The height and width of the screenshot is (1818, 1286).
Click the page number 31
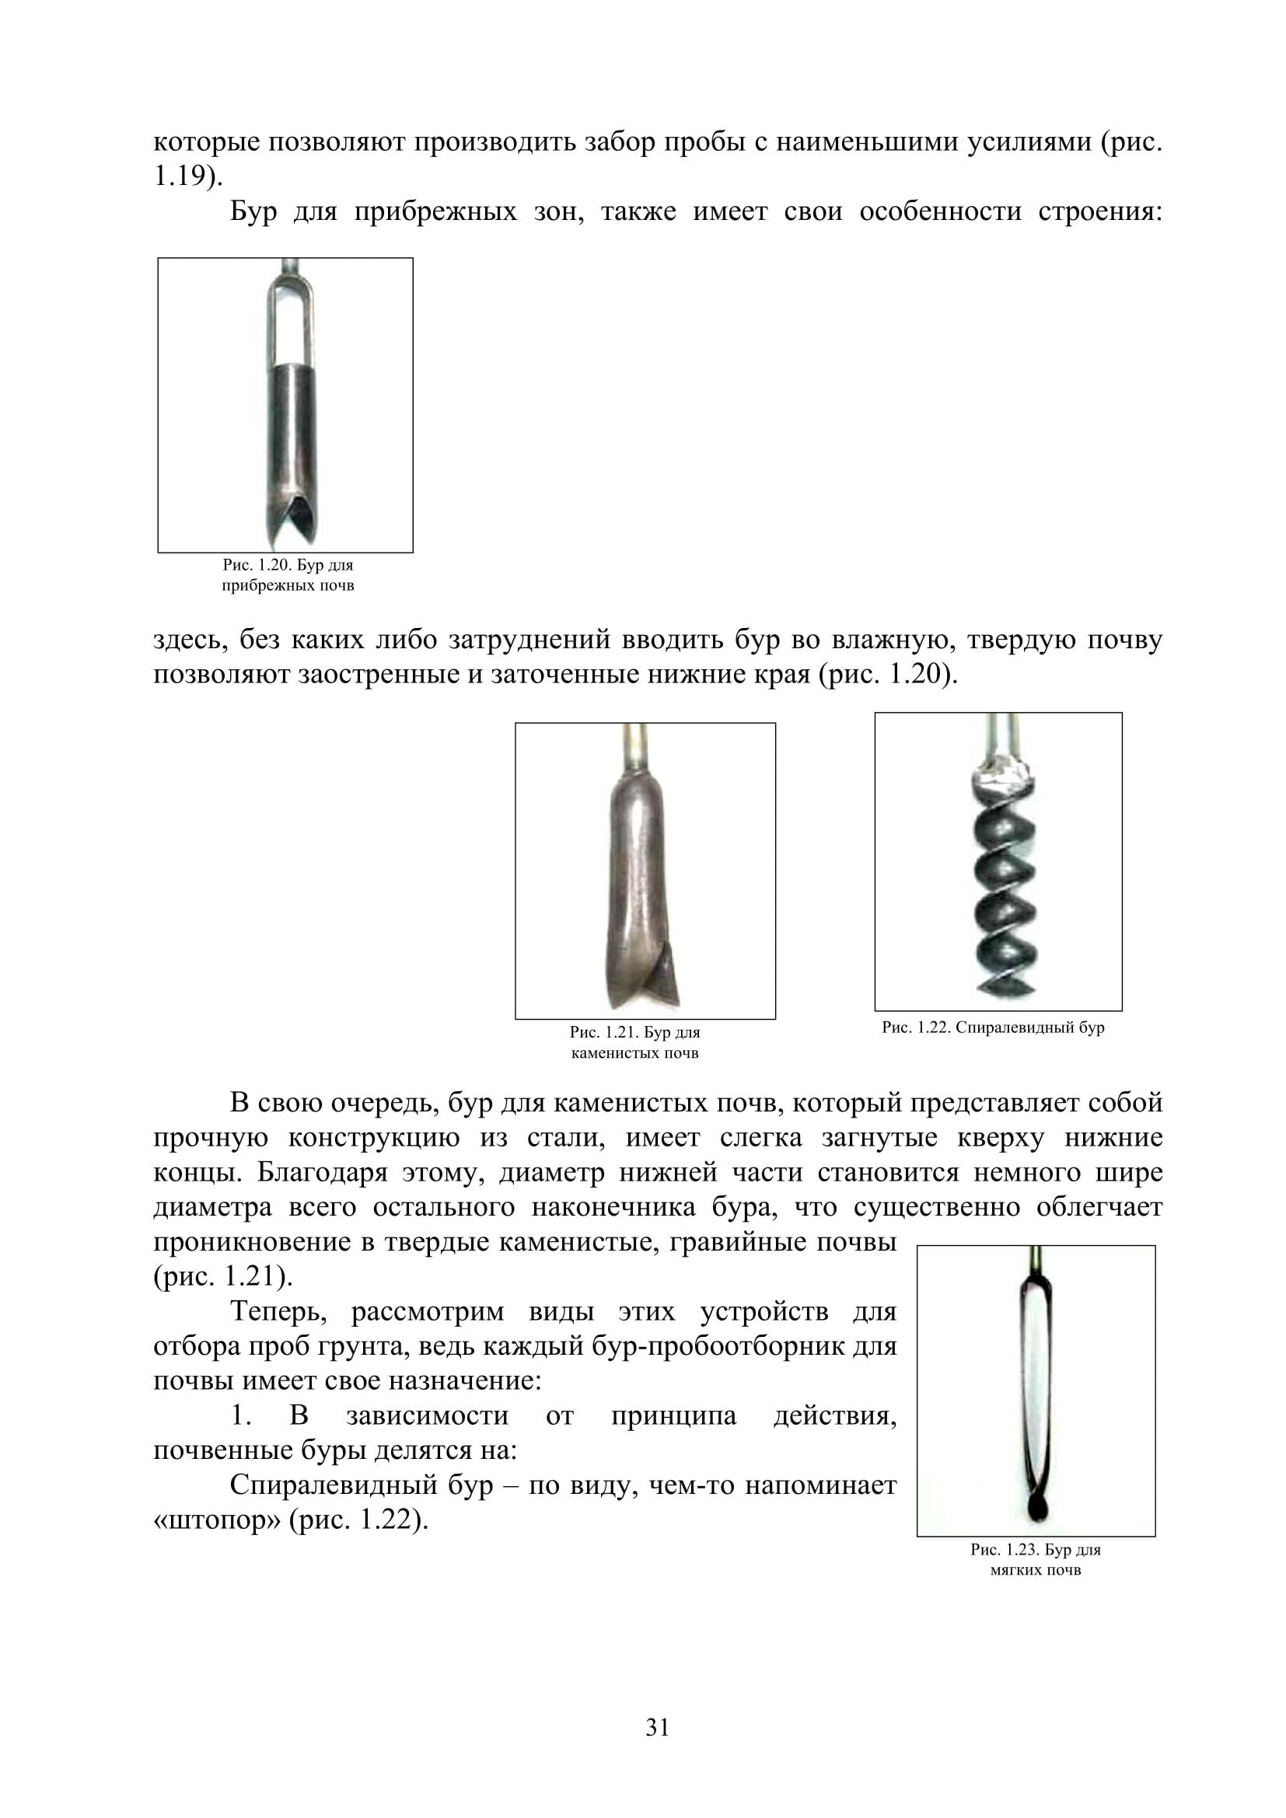tap(657, 1727)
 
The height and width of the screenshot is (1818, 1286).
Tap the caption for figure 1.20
tap(288, 576)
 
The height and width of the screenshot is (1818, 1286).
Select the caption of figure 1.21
tap(634, 1043)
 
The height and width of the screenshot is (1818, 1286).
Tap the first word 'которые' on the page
tap(206, 142)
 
